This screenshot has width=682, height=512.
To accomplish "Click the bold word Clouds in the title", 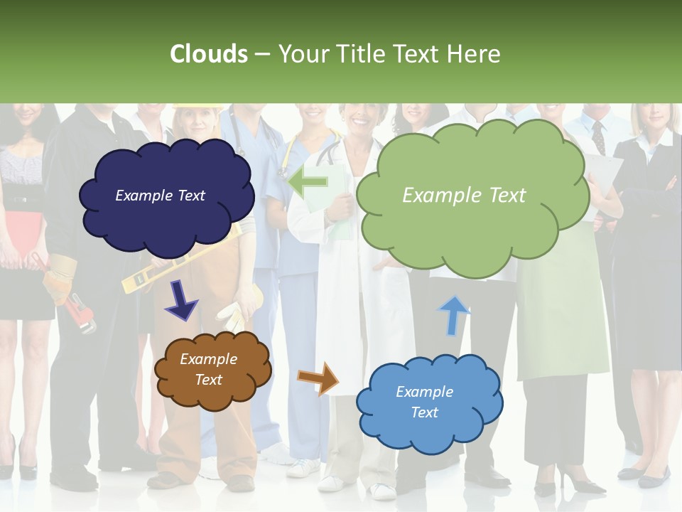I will click(209, 54).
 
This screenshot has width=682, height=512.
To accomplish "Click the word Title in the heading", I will click(360, 54).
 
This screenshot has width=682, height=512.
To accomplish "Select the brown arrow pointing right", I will click(319, 378).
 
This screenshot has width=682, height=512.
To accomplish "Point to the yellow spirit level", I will click(142, 278).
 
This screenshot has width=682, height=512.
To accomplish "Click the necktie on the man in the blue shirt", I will click(598, 137).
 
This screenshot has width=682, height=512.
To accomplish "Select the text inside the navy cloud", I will click(160, 196).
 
